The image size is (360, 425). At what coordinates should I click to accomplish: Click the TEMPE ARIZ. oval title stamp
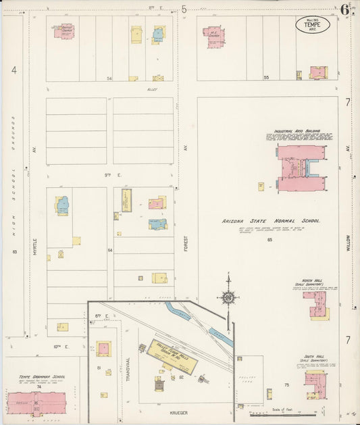pyautogui.click(x=313, y=26)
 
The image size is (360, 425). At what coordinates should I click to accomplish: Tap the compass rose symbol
pyautogui.click(x=228, y=297)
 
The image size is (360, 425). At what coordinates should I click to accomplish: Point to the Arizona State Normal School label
pyautogui.click(x=271, y=221)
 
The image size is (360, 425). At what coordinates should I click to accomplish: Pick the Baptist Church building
pyautogui.click(x=64, y=31)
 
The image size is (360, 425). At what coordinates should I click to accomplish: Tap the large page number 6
pyautogui.click(x=344, y=9)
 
